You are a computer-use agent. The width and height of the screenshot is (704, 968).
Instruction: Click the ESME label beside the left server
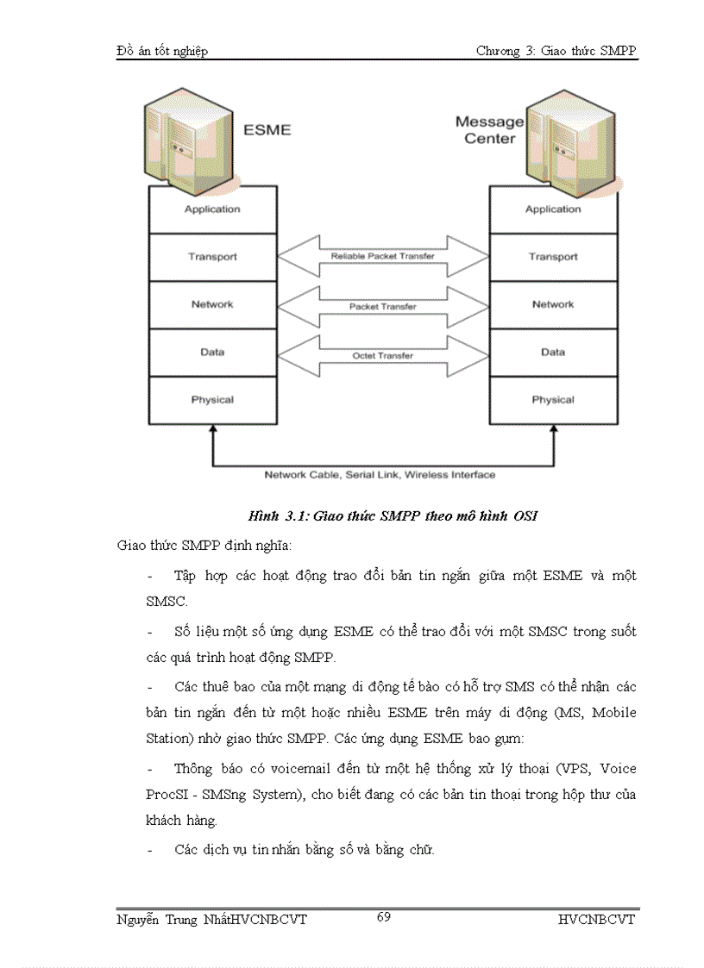click(x=267, y=130)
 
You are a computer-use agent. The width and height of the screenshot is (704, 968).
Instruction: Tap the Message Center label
click(x=489, y=130)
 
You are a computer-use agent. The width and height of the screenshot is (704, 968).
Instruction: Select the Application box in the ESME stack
click(x=212, y=209)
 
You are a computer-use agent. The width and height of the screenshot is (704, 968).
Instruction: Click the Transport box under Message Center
click(x=553, y=257)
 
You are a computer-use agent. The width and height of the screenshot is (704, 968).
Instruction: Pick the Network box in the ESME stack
click(x=212, y=304)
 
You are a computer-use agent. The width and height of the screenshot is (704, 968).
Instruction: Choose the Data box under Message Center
click(x=553, y=352)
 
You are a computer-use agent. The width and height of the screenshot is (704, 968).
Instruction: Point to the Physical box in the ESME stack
click(x=212, y=400)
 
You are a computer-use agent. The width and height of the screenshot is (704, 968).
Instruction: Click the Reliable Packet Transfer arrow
click(x=383, y=256)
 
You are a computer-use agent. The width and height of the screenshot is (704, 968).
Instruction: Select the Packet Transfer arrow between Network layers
click(x=383, y=306)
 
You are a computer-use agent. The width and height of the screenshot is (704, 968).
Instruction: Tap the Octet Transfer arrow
click(x=383, y=355)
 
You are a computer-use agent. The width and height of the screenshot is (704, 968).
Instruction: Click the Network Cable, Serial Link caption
click(x=380, y=475)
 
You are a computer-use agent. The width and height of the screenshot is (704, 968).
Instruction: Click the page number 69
click(x=384, y=917)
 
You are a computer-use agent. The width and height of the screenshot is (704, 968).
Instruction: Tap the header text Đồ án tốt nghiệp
click(x=162, y=52)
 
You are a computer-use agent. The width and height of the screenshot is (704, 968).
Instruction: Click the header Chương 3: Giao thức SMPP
click(x=556, y=52)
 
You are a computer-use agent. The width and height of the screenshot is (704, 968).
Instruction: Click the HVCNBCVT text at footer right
click(x=596, y=920)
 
